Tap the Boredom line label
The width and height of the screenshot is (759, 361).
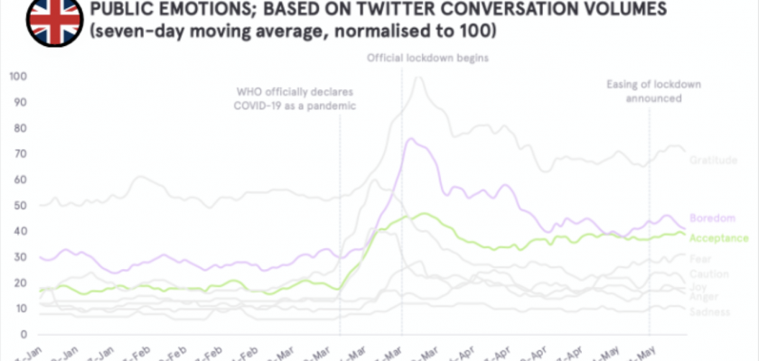pyautogui.click(x=713, y=218)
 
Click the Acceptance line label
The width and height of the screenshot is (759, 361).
pyautogui.click(x=719, y=238)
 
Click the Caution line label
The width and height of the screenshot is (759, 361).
pyautogui.click(x=709, y=274)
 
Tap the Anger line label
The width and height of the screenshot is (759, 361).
pyautogui.click(x=705, y=297)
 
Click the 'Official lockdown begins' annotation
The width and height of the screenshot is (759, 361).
pyautogui.click(x=427, y=59)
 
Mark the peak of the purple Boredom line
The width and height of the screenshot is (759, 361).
pyautogui.click(x=410, y=139)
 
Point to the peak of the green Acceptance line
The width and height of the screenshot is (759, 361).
pyautogui.click(x=425, y=214)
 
